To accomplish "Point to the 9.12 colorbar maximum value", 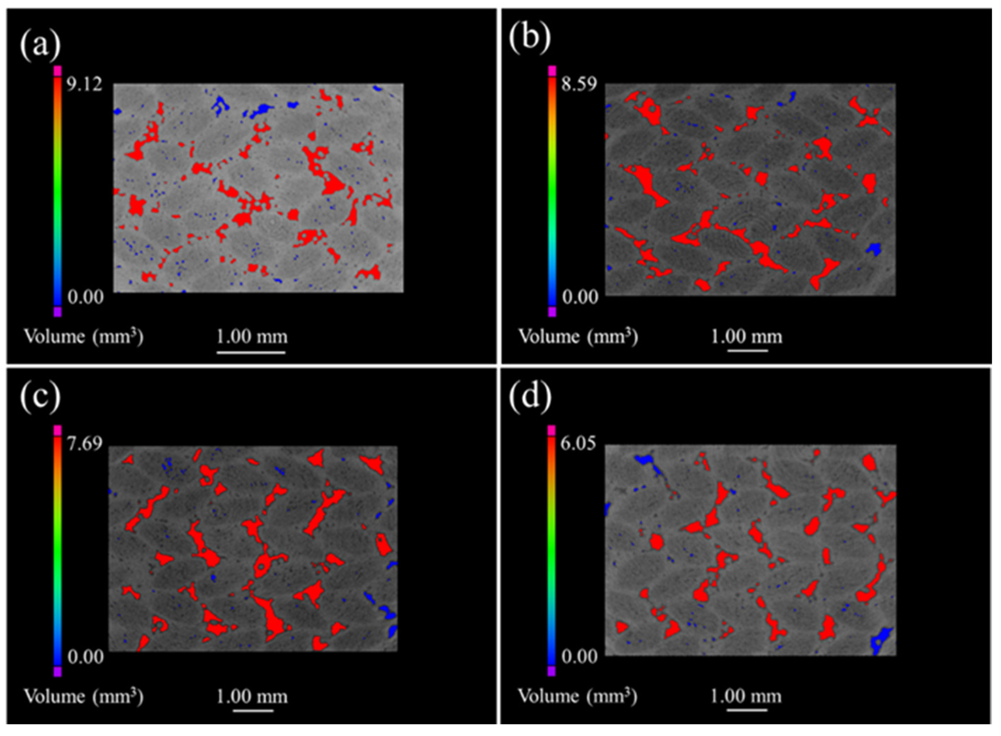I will coord(84,83).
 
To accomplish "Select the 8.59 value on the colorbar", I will coord(579,83).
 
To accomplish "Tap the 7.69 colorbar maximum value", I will coord(84,444).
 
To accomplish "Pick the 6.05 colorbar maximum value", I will coord(579,444).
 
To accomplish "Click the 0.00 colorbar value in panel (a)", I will coord(85,296).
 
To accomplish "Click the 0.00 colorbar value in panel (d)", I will coord(579,656).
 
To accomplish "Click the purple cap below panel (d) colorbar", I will coord(552,671).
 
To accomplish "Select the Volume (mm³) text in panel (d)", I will coord(577,696).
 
